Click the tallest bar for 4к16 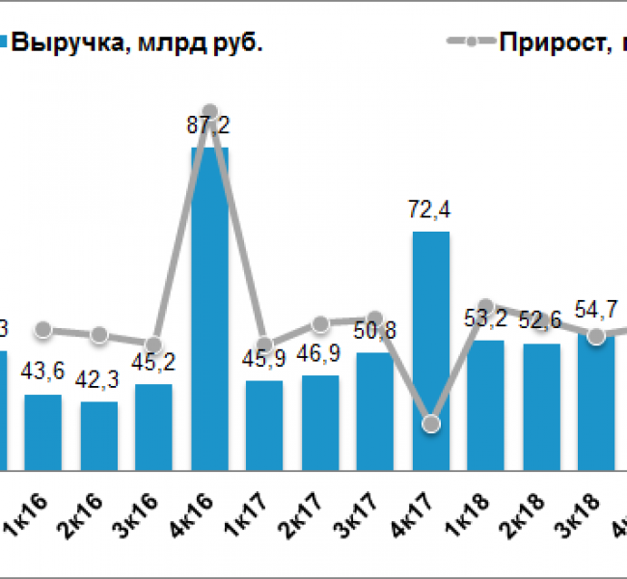209,309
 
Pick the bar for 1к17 264,426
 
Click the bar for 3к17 375,411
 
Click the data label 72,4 430,209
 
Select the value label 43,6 43,373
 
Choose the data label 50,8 375,332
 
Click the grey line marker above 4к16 209,112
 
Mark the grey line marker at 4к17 431,425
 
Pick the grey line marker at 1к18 486,307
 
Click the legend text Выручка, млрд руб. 135,42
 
